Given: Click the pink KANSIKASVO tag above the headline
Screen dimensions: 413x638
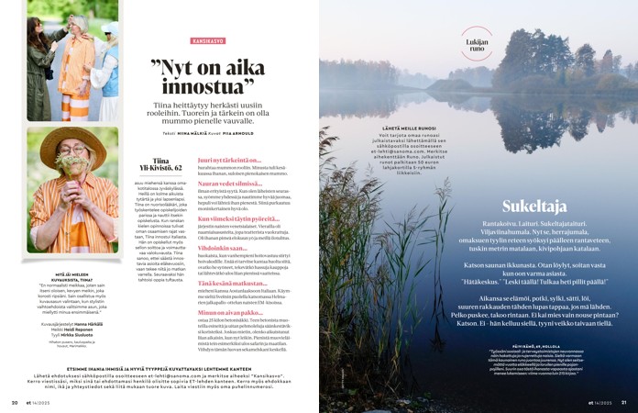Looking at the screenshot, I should (x=208, y=41).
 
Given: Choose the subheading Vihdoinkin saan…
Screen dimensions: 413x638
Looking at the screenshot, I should (x=219, y=247).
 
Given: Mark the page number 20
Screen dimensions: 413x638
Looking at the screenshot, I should (x=14, y=401).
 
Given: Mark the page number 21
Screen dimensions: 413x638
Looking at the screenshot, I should (x=623, y=401).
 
